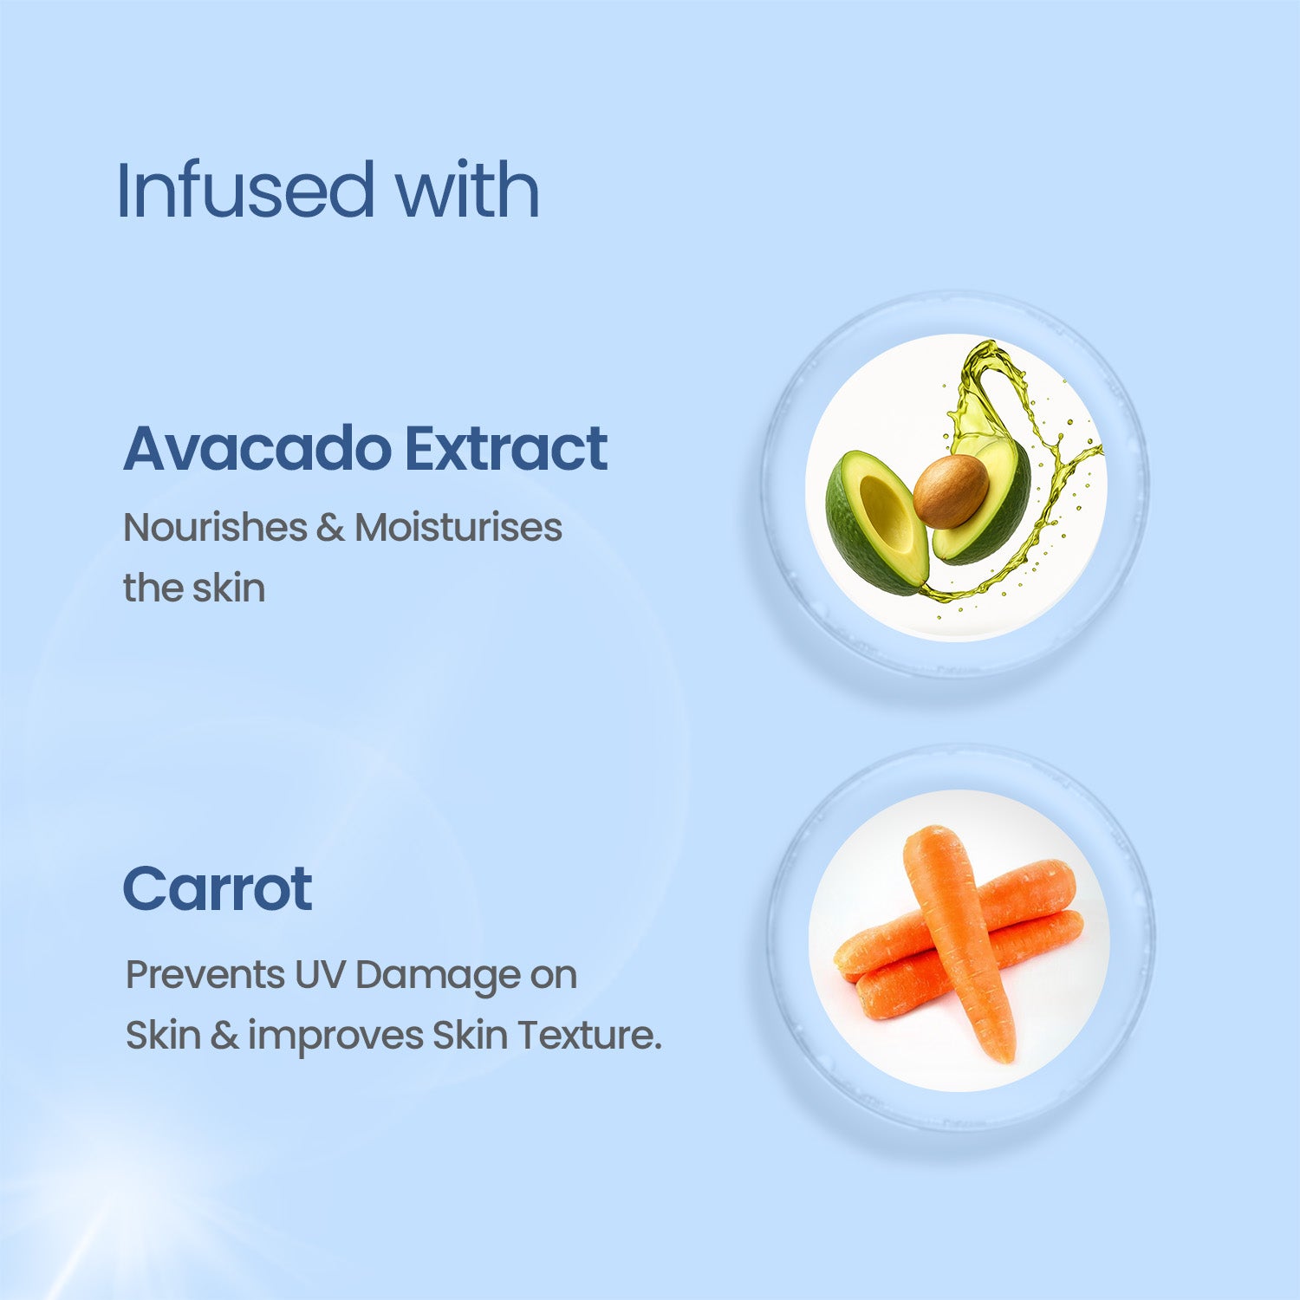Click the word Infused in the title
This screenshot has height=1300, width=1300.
pos(245,190)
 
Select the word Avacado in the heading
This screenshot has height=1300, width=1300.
pos(257,448)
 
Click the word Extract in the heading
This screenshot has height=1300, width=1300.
pos(506,448)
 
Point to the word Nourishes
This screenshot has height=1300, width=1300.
pos(215,527)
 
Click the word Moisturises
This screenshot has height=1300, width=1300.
pos(458,527)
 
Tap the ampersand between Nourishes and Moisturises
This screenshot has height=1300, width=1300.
pos(330,528)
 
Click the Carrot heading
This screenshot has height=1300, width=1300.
pos(217,889)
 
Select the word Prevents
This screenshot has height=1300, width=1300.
pos(205,975)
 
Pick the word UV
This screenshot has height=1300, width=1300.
pos(320,975)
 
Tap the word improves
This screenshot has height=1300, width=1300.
pos(335,1037)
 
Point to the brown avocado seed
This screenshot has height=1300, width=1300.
pos(951,491)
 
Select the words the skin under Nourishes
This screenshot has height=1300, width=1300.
pos(194,588)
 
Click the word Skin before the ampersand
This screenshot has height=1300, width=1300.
pos(163,1035)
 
